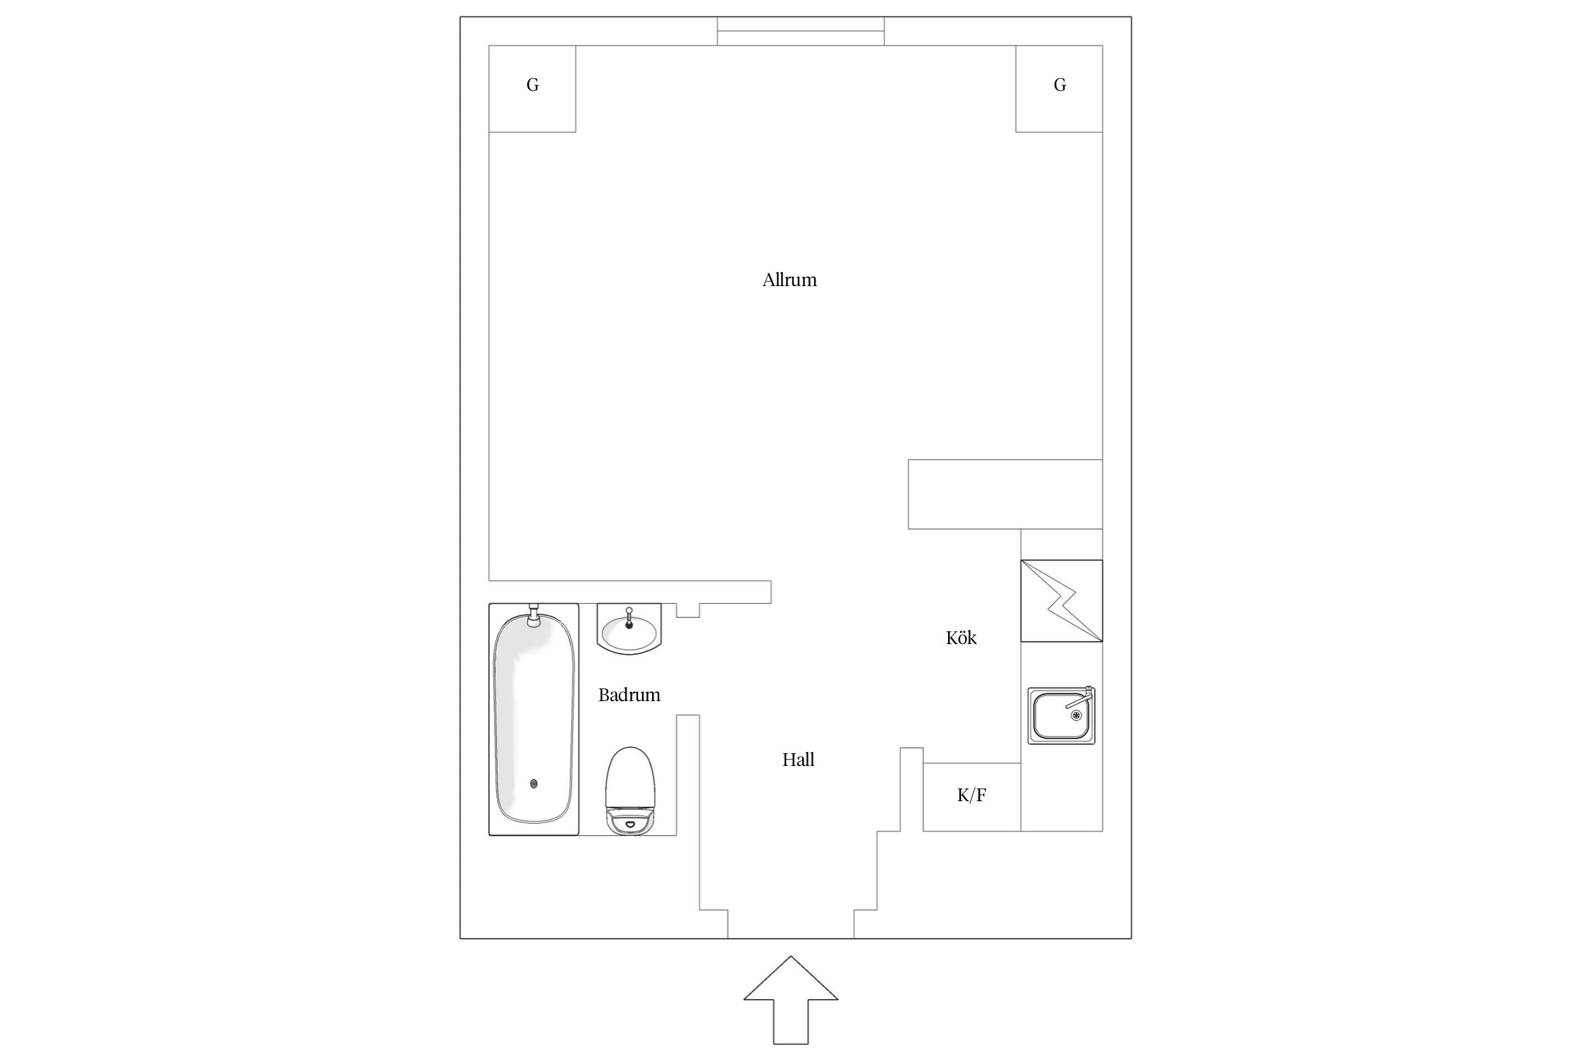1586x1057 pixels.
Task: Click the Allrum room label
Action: coord(789,280)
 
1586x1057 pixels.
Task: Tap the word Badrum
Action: coord(629,695)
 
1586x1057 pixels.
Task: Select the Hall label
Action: coord(798,760)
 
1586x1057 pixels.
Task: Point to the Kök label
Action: coord(961,638)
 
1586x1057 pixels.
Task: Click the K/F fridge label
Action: coord(971,796)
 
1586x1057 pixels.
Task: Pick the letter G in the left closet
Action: coord(533,85)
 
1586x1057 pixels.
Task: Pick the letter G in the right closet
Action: coord(1059,85)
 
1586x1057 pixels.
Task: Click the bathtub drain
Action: coord(534,783)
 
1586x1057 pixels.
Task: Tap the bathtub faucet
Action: coord(534,615)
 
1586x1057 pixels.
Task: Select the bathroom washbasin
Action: coord(629,629)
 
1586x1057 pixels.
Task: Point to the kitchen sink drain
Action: coord(1076,715)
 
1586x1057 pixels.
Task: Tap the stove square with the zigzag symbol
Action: coord(1062,601)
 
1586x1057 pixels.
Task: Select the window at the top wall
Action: coord(801,31)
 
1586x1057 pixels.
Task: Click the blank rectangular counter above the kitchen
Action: coord(1005,494)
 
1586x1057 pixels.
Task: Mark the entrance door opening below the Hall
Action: coord(791,938)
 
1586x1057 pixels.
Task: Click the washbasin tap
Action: coord(629,618)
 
